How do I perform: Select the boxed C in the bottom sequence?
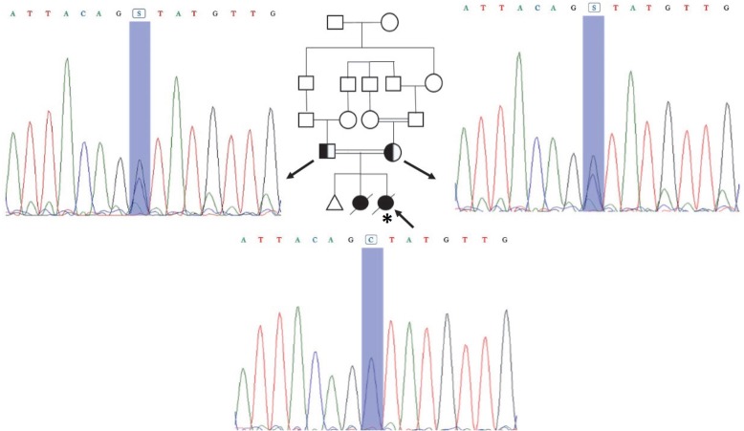tap(372, 240)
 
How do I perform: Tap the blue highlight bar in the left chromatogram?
tap(140, 115)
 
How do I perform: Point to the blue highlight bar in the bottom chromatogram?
tap(372, 334)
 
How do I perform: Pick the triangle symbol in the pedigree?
tap(335, 202)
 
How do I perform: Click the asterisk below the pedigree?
tap(386, 220)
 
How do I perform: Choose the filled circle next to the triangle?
tap(361, 202)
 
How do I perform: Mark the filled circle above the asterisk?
tap(385, 201)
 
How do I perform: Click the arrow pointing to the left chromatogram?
tap(295, 169)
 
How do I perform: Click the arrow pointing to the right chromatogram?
tap(419, 169)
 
